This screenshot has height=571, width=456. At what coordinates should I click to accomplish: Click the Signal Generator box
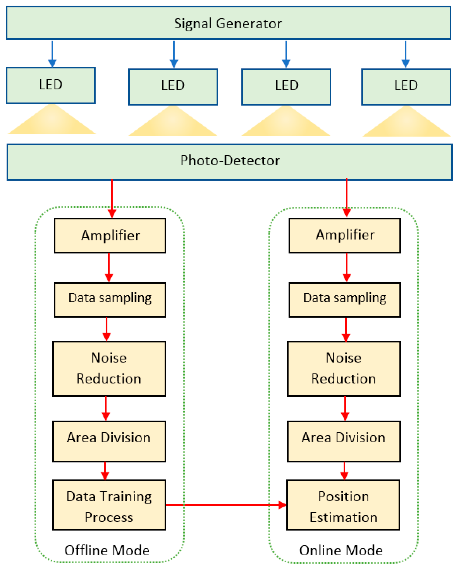(228, 23)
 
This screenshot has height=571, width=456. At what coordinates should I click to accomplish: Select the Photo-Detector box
(229, 162)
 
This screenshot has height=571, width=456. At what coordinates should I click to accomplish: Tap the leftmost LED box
(51, 85)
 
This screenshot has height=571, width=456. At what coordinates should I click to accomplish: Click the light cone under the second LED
(173, 122)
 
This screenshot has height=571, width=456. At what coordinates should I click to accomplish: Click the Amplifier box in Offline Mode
(110, 236)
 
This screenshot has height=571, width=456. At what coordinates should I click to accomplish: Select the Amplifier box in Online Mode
(344, 236)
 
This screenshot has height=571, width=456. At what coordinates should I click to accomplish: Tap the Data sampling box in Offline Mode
(110, 300)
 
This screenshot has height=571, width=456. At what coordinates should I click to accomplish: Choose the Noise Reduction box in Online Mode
(344, 368)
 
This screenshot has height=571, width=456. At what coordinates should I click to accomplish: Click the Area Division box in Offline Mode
(109, 441)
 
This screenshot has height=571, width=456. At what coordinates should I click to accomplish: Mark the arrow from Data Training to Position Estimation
(225, 505)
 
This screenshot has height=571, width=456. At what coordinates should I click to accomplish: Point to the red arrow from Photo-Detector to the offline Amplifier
(112, 199)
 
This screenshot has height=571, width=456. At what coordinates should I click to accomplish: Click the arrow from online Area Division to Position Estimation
(344, 471)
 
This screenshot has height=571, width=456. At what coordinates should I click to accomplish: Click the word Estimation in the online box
(343, 517)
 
